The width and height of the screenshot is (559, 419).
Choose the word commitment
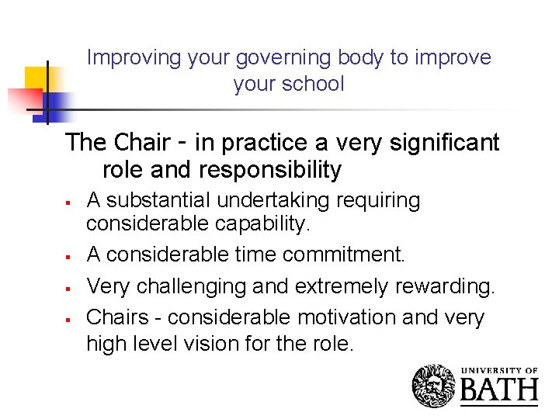pyautogui.click(x=342, y=255)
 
